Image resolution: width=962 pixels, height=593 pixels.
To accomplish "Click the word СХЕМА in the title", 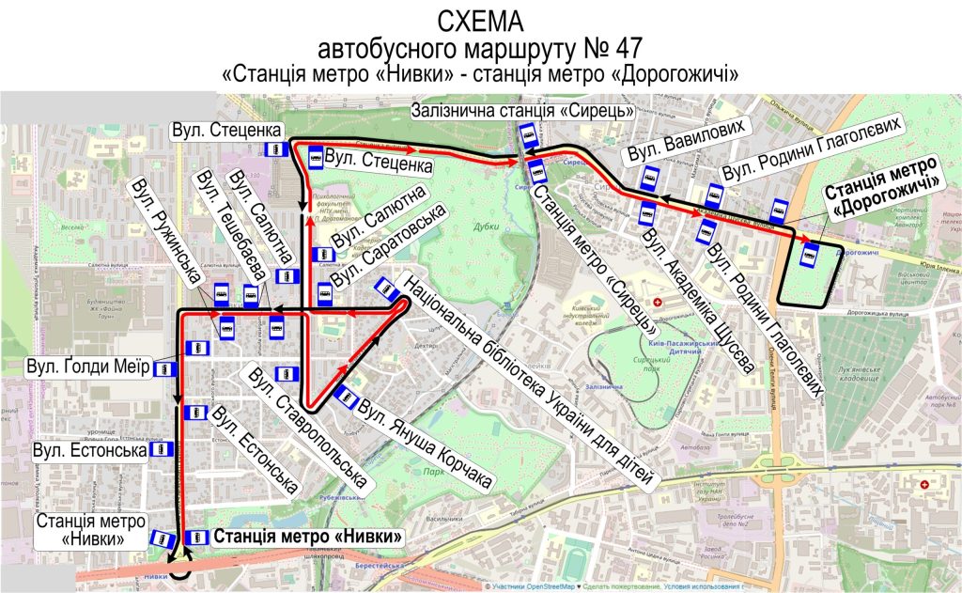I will click(x=480, y=20).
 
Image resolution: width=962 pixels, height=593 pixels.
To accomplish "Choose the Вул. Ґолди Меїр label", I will click(x=89, y=366).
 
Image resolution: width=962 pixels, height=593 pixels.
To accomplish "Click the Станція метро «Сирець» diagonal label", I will click(x=594, y=254).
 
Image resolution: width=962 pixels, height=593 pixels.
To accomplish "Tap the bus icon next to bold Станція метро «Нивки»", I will click(x=197, y=538).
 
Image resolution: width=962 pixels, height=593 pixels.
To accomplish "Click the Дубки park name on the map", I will click(x=486, y=226).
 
